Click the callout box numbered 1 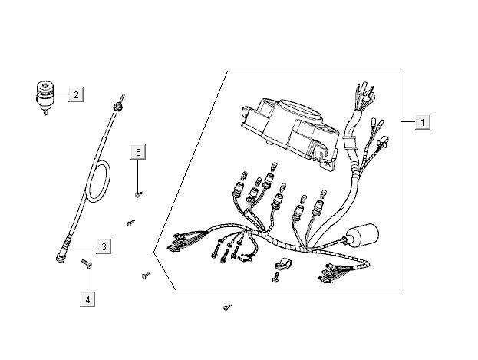coord(423,122)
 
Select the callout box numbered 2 coord(76,95)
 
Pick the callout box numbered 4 coord(88,299)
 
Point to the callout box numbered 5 coord(138,152)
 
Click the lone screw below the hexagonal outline coord(226,307)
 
